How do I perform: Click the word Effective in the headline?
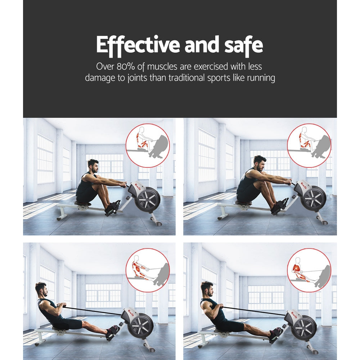138,45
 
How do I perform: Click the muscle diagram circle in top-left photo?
147,146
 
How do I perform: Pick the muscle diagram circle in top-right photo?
309,146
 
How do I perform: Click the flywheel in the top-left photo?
148,200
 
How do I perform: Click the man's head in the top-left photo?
93,166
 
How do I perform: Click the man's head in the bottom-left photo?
41,289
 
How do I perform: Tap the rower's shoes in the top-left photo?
112,209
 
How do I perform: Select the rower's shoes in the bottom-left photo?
113,332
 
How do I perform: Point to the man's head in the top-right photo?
259,163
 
